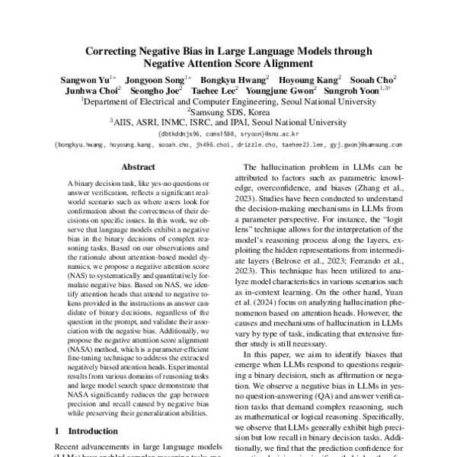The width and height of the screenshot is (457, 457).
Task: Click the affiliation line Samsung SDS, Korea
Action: (x=228, y=110)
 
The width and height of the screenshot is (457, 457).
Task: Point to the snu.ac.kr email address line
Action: (x=228, y=132)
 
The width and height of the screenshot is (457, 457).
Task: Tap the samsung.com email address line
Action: (x=228, y=143)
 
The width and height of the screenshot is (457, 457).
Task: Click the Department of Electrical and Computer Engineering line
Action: (x=228, y=100)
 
